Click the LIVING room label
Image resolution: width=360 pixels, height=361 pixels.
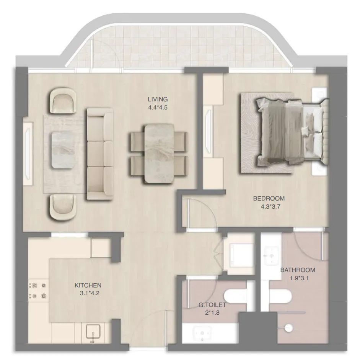(x=158, y=99)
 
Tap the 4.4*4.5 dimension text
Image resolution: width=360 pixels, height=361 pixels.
(x=158, y=108)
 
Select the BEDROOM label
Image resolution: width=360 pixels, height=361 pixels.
(x=269, y=198)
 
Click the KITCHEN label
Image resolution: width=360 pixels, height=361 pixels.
(x=88, y=285)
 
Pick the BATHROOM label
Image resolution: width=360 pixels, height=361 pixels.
(x=298, y=270)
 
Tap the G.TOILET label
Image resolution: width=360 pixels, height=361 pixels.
(x=212, y=305)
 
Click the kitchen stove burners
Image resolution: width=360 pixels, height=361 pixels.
(x=39, y=290)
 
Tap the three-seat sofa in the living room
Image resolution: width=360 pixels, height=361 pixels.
(x=100, y=154)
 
